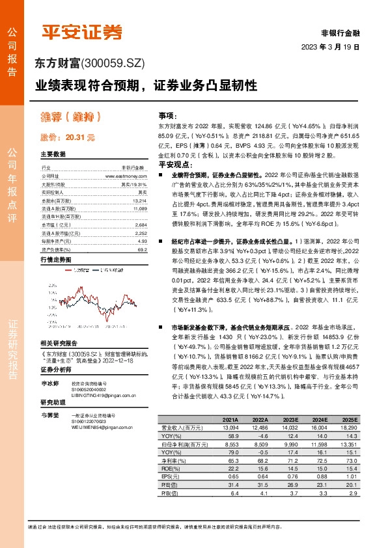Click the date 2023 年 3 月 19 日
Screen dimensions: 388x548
[330, 47]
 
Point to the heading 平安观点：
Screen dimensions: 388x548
[174, 165]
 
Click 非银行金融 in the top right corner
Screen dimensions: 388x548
[340, 33]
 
